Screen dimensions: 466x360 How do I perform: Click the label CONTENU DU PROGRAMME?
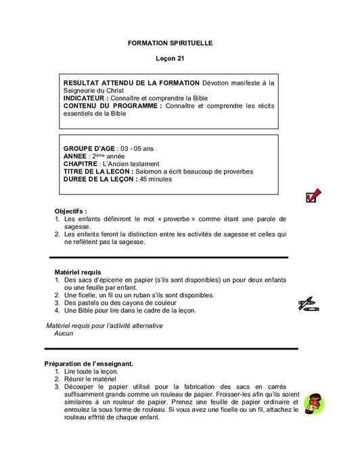112,106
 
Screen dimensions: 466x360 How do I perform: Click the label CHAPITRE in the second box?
80,163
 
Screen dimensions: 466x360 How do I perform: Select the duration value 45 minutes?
156,179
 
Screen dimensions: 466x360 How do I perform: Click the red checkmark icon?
313,196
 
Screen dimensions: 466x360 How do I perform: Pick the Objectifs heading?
71,211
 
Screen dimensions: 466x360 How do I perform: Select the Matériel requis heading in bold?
77,272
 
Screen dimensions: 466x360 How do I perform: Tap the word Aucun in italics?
64,333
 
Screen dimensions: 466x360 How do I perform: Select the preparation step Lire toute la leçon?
91,372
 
